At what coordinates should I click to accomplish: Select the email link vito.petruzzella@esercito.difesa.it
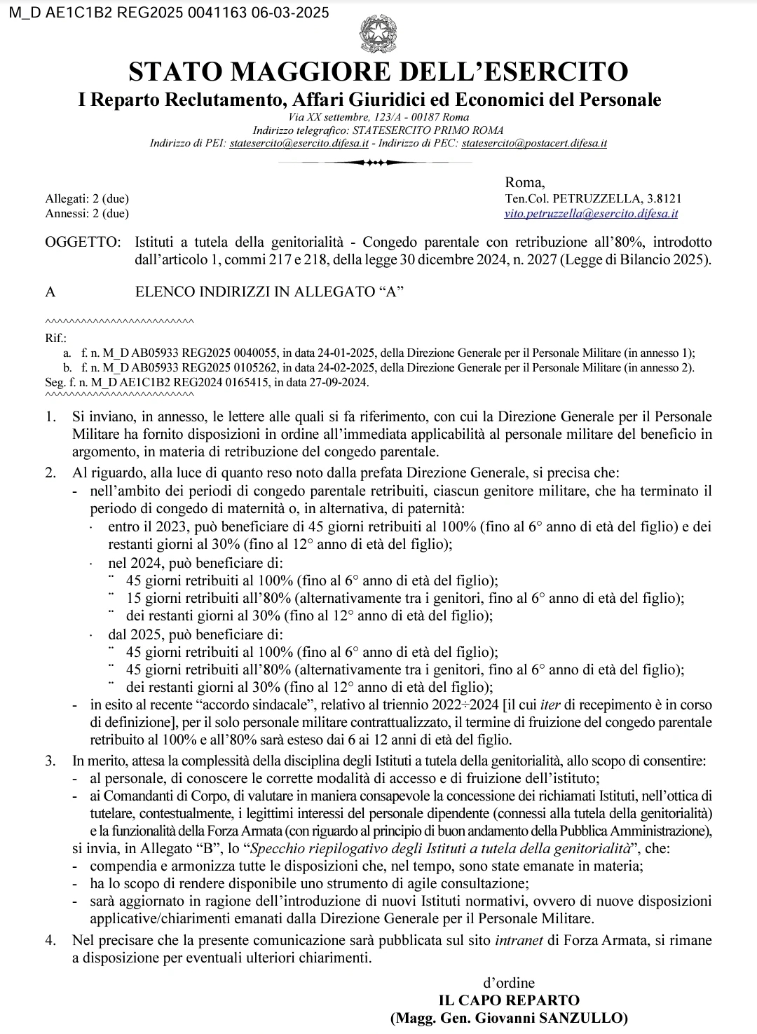(591, 213)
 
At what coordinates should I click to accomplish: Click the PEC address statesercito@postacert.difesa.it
(535, 143)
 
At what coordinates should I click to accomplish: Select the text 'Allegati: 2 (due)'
(87, 200)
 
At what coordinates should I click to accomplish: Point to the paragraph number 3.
(50, 760)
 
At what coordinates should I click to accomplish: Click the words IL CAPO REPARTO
(509, 1000)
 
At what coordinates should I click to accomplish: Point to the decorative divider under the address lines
(378, 163)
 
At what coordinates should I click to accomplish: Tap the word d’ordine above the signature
(508, 983)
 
